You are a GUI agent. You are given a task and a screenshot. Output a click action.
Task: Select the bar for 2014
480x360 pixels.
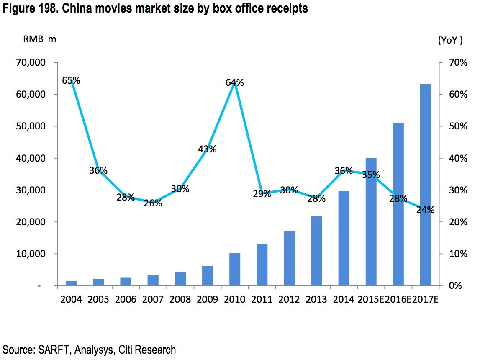[x=344, y=238]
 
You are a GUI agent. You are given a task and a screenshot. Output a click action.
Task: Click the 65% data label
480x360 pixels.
[x=71, y=80]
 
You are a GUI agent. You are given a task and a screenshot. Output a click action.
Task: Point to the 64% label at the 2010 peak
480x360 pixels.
[x=234, y=83]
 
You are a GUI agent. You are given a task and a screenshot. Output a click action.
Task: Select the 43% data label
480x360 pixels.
[x=207, y=149]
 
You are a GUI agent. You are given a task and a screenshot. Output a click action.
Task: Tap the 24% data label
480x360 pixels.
[x=425, y=210]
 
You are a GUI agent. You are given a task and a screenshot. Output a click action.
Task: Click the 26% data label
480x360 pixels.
[x=153, y=203]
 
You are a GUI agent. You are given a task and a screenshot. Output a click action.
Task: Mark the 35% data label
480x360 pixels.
[x=371, y=175]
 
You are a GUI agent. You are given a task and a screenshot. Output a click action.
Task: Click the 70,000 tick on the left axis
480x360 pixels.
[x=32, y=62]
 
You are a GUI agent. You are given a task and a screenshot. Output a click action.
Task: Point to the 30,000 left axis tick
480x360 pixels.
[x=32, y=190]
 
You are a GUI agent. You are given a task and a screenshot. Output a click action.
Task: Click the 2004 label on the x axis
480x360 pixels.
[x=71, y=300]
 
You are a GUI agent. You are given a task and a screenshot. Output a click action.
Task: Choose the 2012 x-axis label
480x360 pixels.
[x=289, y=300]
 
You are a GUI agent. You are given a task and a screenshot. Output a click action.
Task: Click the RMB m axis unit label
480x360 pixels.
[x=39, y=39]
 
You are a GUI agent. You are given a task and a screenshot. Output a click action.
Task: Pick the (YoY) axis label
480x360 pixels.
[x=450, y=40]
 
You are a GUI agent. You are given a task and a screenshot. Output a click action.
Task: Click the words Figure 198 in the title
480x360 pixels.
[x=31, y=8]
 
